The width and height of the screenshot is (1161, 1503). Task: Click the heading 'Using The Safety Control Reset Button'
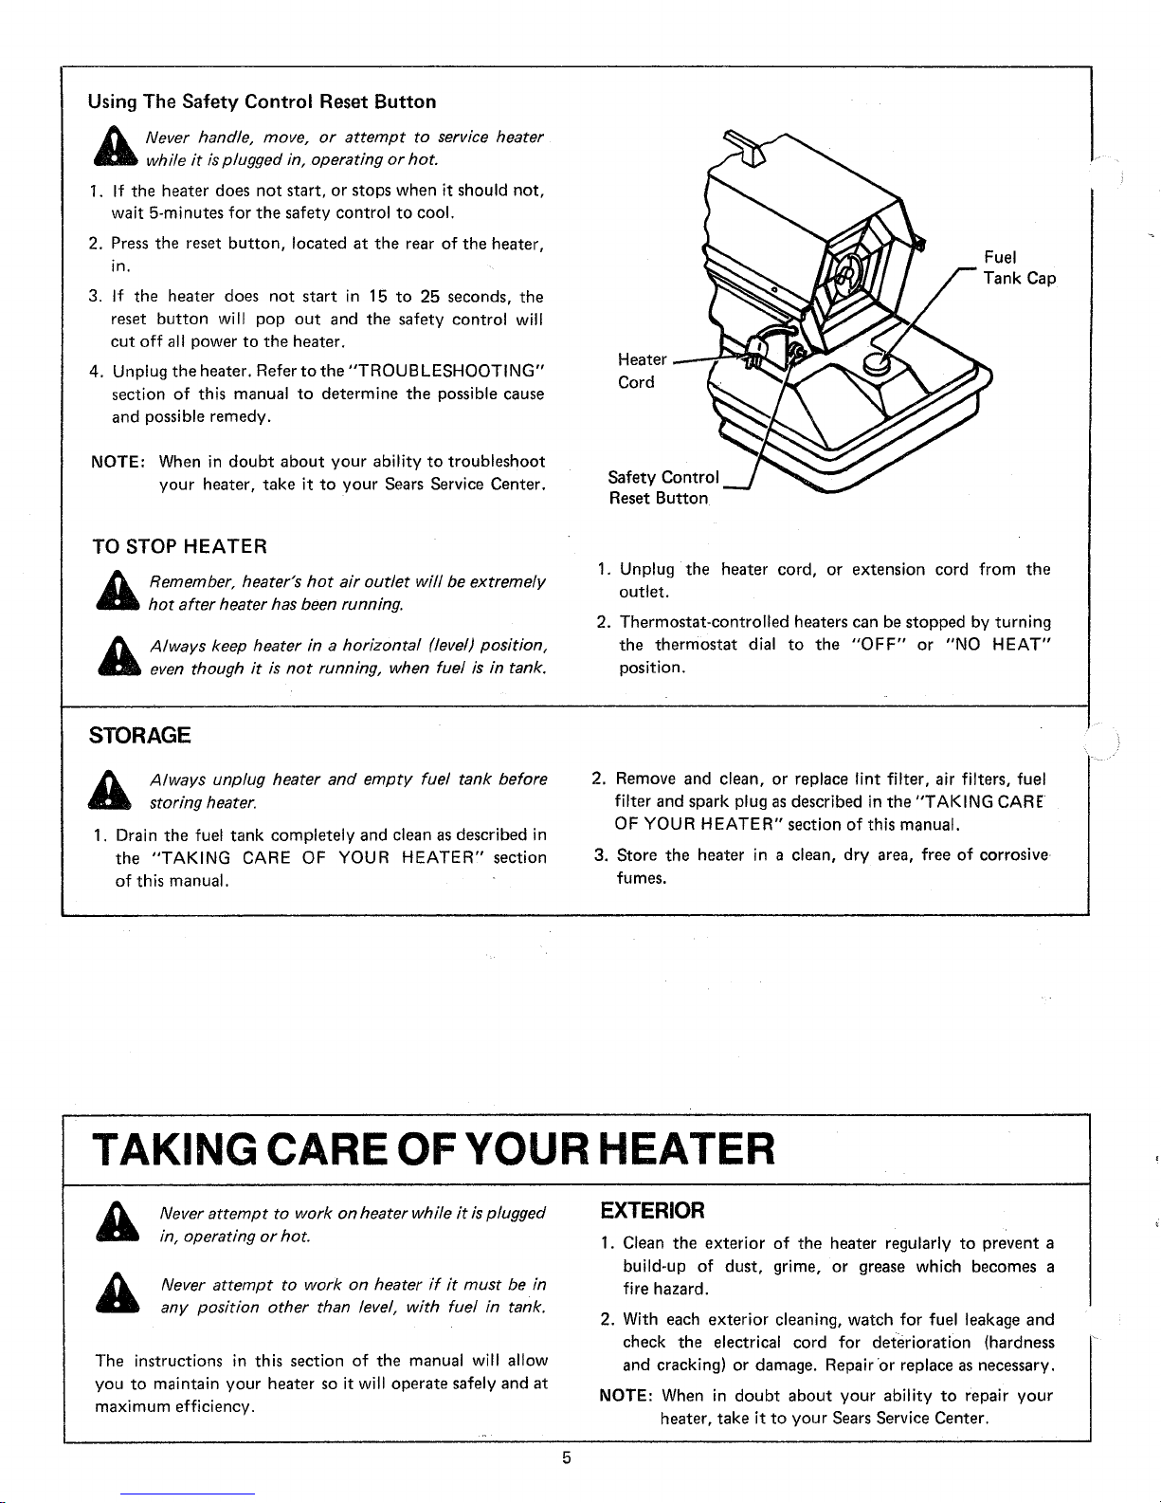pos(262,102)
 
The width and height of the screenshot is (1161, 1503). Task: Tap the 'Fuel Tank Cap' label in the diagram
pos(1020,267)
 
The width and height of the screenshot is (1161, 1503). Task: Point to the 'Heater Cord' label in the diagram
pos(642,371)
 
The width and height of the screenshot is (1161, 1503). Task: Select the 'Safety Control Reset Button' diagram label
pos(663,487)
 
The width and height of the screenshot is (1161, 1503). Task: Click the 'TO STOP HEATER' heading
pos(180,546)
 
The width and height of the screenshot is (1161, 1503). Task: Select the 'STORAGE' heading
pos(139,735)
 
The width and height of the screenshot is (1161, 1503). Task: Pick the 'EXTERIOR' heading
pos(652,1210)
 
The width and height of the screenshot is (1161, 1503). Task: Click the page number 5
pos(566,1458)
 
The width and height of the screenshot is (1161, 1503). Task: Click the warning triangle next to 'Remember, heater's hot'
pos(118,590)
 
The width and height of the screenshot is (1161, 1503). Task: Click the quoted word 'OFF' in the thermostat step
pos(879,645)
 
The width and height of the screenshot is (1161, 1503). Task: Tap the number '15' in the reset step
pos(377,297)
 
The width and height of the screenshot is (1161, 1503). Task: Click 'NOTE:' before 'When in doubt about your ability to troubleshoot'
pos(118,462)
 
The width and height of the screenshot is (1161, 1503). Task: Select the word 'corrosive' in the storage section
pos(1014,855)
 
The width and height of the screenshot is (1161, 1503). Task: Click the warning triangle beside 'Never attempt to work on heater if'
pos(118,1292)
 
